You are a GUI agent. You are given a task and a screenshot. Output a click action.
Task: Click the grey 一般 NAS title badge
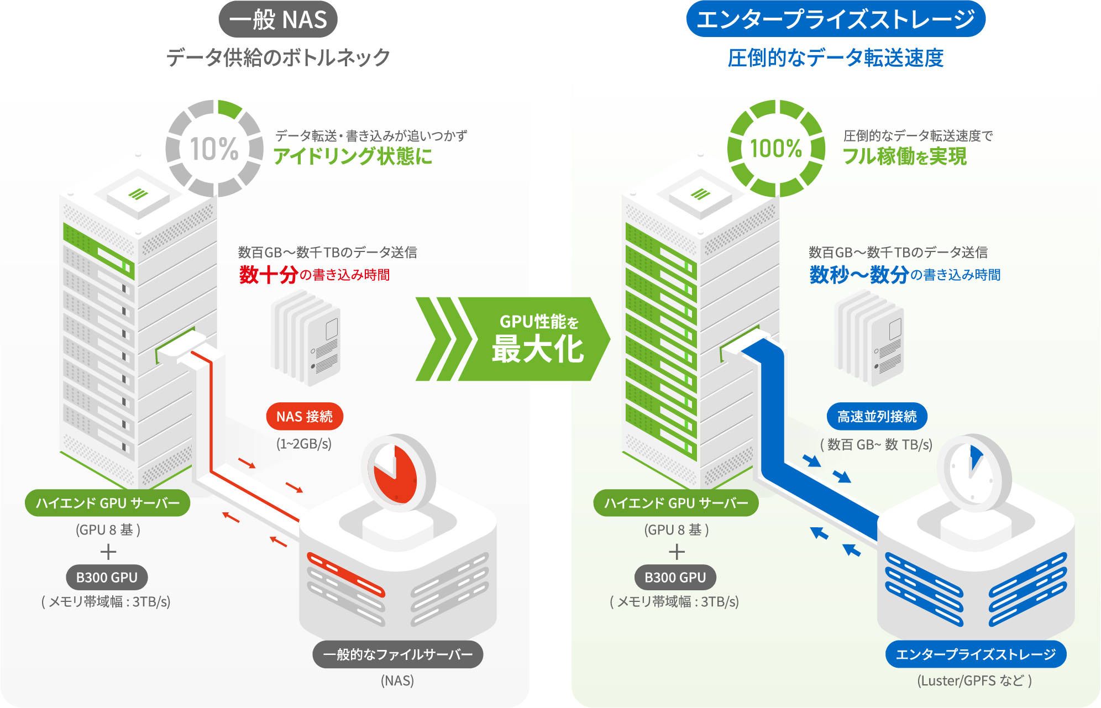click(x=278, y=20)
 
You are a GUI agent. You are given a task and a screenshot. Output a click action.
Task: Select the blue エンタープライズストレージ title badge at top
click(x=835, y=20)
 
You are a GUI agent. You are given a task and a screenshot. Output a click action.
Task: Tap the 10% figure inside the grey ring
click(x=214, y=149)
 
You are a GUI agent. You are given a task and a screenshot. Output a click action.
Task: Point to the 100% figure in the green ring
click(x=776, y=149)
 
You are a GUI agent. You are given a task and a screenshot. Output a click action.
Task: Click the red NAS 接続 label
click(x=305, y=416)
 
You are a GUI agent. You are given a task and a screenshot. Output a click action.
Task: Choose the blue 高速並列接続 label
click(x=877, y=416)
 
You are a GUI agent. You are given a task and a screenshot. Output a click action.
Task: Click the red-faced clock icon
click(x=396, y=473)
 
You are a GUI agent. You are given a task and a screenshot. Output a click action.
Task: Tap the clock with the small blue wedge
click(x=972, y=473)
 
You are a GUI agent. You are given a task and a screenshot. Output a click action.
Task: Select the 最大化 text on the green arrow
click(x=537, y=349)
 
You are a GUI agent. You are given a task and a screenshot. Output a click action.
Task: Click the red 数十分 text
click(x=269, y=275)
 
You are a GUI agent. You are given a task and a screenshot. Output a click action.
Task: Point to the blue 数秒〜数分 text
click(x=859, y=275)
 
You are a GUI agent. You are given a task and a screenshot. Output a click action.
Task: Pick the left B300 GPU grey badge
click(x=107, y=578)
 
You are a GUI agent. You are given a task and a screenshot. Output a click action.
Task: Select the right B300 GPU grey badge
click(x=675, y=578)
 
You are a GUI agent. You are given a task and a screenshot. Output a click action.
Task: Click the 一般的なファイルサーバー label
click(x=398, y=654)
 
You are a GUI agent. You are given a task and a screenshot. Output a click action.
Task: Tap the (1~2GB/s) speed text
click(x=304, y=444)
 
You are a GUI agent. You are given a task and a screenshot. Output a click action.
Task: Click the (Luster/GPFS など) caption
click(x=974, y=680)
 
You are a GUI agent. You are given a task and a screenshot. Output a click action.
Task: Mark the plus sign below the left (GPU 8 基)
click(x=108, y=552)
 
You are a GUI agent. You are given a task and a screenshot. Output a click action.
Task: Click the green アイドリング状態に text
click(x=353, y=156)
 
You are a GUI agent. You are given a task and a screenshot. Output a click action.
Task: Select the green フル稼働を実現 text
click(x=904, y=156)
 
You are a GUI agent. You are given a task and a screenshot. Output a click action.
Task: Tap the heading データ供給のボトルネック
click(x=278, y=57)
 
